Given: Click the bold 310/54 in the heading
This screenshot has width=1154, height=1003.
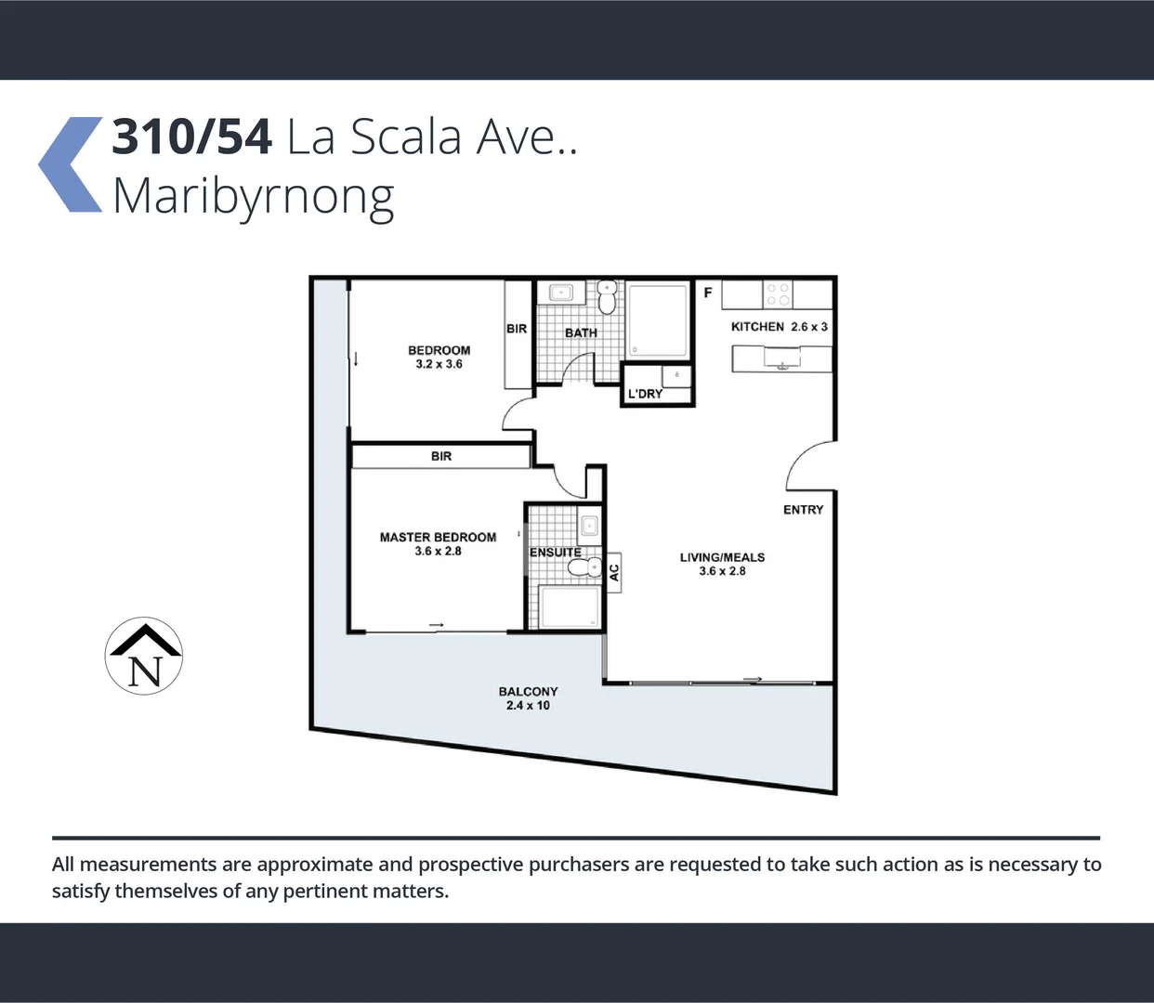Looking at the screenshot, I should pos(191,137).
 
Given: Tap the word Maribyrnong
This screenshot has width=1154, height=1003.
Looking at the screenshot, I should pos(253,197).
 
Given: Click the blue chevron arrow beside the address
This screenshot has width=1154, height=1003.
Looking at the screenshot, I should pos(71,164).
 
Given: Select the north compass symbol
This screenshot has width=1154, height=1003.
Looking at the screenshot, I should pos(144,656).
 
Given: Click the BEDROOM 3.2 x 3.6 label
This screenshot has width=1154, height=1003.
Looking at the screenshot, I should pos(439,358).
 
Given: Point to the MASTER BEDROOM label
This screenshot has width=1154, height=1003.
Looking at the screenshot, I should pos(438,544).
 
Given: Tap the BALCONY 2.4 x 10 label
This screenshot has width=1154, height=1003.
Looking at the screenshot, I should pos(528,698).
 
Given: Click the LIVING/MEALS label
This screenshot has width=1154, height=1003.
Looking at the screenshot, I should pos(722,564).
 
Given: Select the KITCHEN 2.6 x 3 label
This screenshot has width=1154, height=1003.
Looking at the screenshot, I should pos(779,327).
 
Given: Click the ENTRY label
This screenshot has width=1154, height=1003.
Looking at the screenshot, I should pos(803,510).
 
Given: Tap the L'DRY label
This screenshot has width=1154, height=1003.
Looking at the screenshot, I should pos(645,394).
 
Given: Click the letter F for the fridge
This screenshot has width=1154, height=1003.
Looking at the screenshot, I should pos(708,293).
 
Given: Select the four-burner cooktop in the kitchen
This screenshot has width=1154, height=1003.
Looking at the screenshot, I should pos(778,294).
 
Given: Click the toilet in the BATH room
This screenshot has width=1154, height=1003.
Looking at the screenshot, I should pos(607,298).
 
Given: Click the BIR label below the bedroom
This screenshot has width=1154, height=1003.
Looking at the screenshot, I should pos(441,456).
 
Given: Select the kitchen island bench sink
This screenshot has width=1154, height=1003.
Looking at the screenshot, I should pos(782,358).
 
